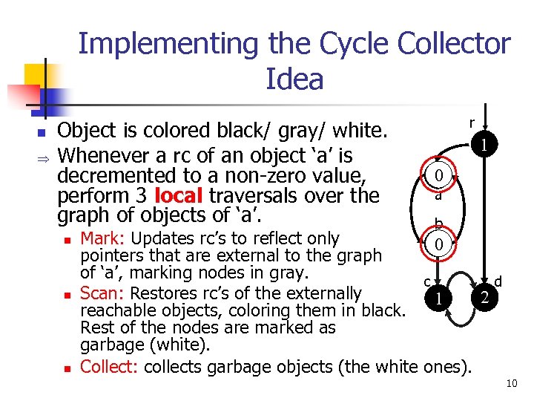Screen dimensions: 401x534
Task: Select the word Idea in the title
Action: (294, 79)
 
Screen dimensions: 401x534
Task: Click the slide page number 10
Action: (510, 383)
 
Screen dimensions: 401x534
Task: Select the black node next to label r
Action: (484, 145)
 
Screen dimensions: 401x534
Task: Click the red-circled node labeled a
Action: (438, 177)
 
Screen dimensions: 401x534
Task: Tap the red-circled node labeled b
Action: (439, 244)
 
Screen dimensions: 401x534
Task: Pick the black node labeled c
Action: (439, 298)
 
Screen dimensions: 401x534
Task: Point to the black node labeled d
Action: (484, 298)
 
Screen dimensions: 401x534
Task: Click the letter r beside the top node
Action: (472, 122)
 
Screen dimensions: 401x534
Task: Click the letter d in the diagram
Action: (498, 281)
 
